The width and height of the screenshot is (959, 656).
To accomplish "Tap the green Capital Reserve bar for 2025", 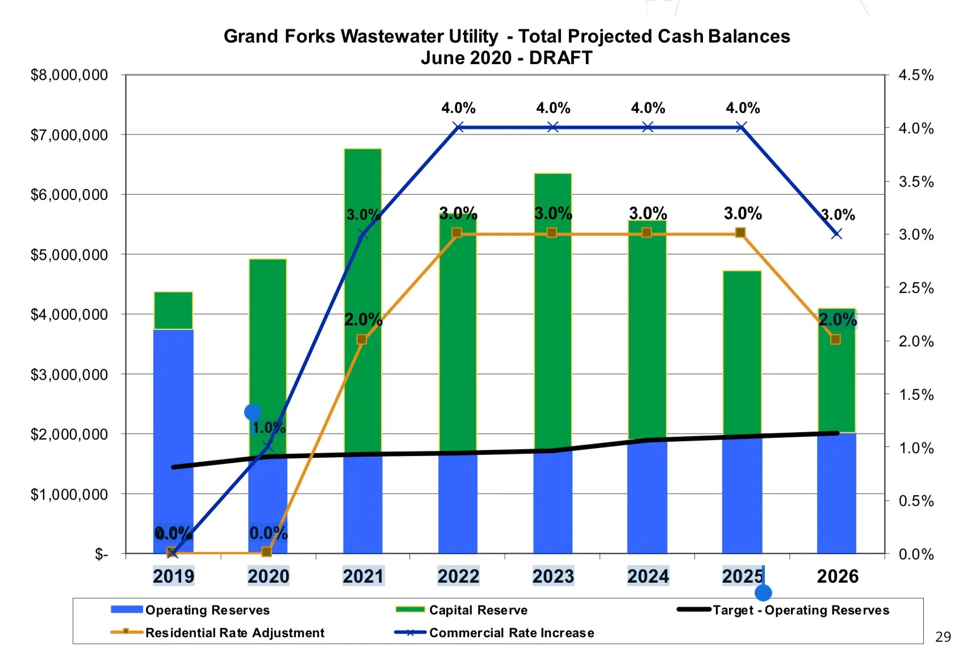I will coord(742,352).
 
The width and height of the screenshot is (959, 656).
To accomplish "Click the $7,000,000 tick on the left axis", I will coord(69,135).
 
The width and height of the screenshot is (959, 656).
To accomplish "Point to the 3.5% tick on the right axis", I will coord(915,182).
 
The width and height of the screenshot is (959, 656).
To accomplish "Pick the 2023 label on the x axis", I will coord(553,576).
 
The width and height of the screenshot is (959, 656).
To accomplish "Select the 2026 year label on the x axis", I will coord(837,576).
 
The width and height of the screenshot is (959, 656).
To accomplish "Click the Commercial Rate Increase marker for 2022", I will coord(458,127).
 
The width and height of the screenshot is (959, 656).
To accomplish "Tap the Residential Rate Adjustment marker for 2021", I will coord(362,340).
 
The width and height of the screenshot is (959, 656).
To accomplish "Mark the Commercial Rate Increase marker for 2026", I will coord(836,233).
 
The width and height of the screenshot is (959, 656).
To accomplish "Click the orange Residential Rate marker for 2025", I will coord(740,233).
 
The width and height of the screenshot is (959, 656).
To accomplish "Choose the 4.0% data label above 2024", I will coord(648,108).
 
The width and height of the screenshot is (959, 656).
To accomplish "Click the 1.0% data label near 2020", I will coord(269,428).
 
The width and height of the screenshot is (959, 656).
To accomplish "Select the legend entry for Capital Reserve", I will coord(478,610).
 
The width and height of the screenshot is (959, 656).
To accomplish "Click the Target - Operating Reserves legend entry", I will coord(801,610).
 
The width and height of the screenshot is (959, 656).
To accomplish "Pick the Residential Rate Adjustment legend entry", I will coord(234,633).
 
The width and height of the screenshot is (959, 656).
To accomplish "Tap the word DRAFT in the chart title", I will coord(560,58).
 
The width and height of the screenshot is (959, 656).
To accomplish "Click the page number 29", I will coord(943,637).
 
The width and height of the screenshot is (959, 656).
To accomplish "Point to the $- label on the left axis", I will coord(101,554).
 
